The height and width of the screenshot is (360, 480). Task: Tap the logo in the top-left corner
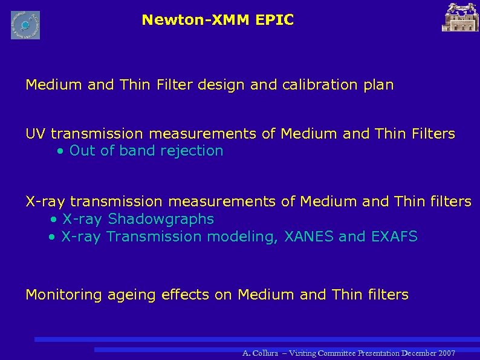tap(25, 25)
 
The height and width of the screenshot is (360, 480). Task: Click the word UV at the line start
tap(36, 133)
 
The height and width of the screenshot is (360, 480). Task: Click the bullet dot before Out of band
tap(60, 151)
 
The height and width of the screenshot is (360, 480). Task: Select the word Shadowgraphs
tap(160, 218)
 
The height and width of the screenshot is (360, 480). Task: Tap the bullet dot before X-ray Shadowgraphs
tap(54, 219)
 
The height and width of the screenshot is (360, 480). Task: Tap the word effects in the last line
tap(174, 295)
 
